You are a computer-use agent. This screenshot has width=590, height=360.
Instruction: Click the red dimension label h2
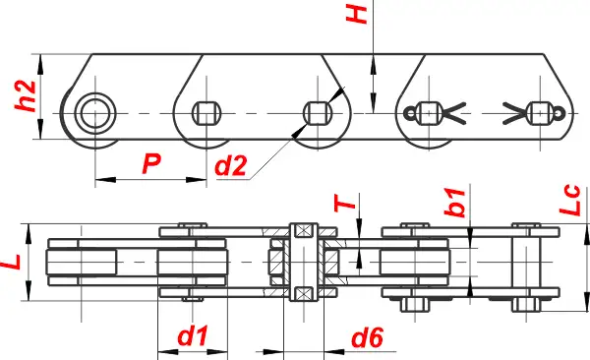pos(26,95)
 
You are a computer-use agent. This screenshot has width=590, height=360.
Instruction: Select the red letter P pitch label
pos(151,164)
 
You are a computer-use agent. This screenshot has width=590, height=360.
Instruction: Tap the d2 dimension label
pos(231,165)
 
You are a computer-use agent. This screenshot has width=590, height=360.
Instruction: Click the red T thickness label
pos(345,204)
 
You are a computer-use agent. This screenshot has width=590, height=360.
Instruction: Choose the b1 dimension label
pos(455,203)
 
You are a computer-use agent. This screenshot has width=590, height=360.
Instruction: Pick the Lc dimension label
pos(569,200)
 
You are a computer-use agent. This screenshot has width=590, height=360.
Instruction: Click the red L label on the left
pos(11,262)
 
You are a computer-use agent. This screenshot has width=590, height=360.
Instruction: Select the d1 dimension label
pos(193,335)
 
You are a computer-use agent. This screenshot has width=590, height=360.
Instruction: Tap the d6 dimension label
pos(367,337)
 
